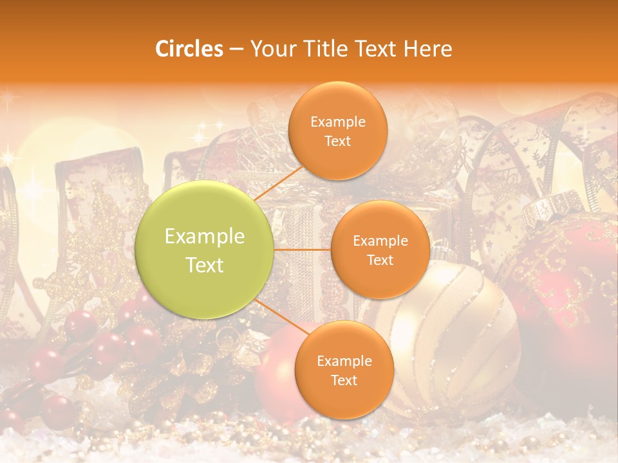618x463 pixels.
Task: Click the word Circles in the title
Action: pyautogui.click(x=189, y=48)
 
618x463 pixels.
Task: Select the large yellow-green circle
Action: pyautogui.click(x=204, y=250)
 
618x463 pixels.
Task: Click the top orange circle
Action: pyautogui.click(x=337, y=131)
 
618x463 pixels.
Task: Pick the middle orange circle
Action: pyautogui.click(x=380, y=250)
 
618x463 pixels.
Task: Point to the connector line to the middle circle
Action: pyautogui.click(x=303, y=250)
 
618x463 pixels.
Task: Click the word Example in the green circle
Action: pyautogui.click(x=204, y=237)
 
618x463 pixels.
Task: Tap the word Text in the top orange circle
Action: pyautogui.click(x=337, y=141)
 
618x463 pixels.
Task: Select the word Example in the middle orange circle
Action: pyautogui.click(x=380, y=241)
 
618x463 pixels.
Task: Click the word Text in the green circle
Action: pyautogui.click(x=204, y=265)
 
